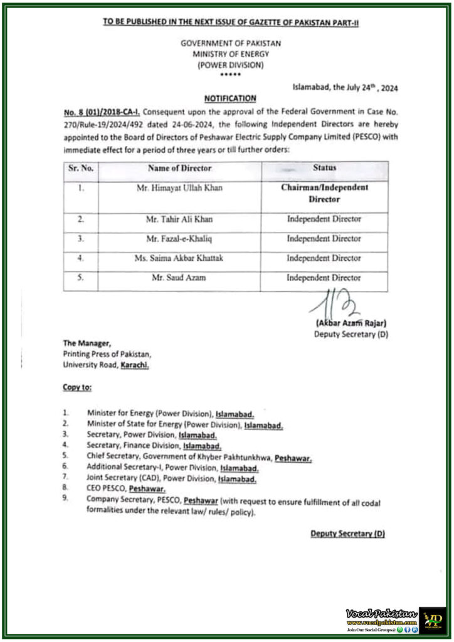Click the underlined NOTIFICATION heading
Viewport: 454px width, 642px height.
pos(230,98)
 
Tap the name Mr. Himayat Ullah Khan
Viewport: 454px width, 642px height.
pos(179,188)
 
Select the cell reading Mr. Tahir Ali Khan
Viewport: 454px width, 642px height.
pos(179,219)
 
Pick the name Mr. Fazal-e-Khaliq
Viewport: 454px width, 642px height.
pos(179,239)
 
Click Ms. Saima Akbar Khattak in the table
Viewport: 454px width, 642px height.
pos(179,258)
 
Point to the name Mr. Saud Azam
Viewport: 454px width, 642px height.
pos(179,277)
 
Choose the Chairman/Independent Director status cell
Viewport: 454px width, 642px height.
pos(324,193)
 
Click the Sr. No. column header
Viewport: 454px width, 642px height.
pos(81,168)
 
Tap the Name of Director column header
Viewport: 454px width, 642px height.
pos(179,168)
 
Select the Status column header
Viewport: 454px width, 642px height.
pos(324,168)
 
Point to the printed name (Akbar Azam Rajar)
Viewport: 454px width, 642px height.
pos(351,324)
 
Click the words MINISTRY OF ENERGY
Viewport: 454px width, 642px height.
pos(230,55)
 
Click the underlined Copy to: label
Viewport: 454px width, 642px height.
pos(77,387)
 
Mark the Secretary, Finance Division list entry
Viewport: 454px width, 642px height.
pos(154,446)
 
